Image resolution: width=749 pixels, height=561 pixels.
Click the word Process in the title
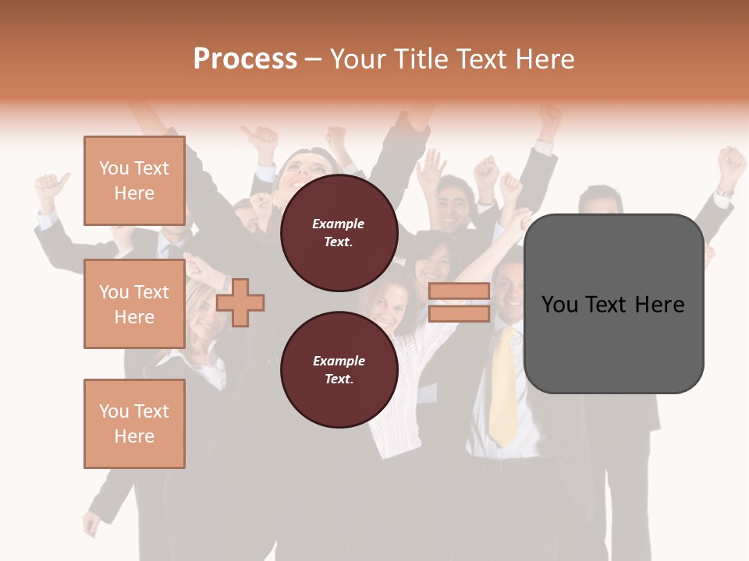[245, 59]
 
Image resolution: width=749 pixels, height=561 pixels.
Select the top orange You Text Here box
[134, 181]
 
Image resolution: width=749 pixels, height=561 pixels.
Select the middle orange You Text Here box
[134, 304]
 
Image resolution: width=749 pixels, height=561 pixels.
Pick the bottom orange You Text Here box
[134, 423]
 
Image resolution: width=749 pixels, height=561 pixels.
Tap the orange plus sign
[240, 302]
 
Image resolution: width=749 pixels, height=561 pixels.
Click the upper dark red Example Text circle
[339, 233]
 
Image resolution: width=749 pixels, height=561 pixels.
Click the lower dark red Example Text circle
[339, 369]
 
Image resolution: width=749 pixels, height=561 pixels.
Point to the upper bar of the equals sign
[459, 291]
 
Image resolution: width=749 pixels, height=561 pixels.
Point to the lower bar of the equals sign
[459, 313]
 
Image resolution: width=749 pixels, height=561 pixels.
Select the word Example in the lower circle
[339, 361]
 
